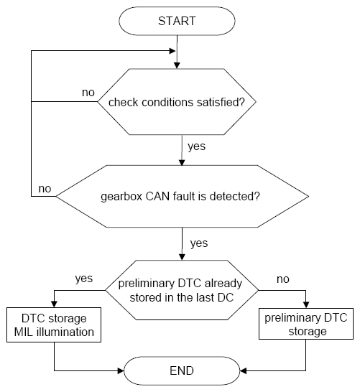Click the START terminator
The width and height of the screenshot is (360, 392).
pos(177,21)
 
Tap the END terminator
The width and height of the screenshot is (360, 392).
pos(182,370)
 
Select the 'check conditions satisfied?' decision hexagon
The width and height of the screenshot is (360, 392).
pos(177,102)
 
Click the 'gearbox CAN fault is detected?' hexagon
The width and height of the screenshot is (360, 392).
pos(182,196)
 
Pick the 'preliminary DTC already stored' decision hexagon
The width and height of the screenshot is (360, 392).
pos(182,290)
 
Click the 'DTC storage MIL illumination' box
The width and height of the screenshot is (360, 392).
pos(54,325)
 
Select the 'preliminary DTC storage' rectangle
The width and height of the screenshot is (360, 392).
pos(306,324)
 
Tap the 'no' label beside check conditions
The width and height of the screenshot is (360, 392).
pos(88,93)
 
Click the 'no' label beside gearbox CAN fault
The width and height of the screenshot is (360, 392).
pos(45,189)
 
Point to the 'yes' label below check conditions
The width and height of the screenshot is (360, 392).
pos(197,146)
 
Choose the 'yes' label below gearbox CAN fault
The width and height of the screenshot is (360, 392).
pos(199,243)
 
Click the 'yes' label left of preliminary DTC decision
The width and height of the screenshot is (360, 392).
pos(84,279)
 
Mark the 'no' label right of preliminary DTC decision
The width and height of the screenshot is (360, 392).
pos(283,279)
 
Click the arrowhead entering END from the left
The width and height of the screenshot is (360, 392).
pos(121,370)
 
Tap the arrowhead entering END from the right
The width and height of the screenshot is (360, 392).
pos(243,370)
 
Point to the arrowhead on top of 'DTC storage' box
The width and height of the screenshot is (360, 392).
pos(54,304)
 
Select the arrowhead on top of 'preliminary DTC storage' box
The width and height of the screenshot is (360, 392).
pos(306,304)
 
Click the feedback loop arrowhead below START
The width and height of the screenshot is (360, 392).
pos(172,51)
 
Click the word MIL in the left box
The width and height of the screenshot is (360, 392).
pos(24,332)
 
